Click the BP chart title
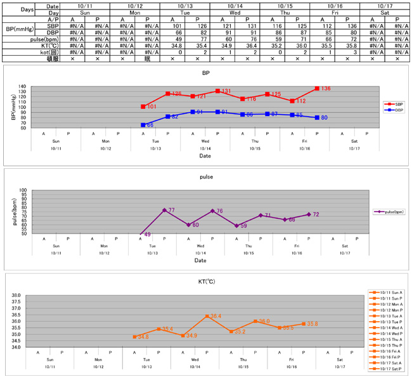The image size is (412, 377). pyautogui.click(x=205, y=73)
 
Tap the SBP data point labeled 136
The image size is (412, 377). pyautogui.click(x=317, y=88)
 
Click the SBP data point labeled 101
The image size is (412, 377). pyautogui.click(x=143, y=107)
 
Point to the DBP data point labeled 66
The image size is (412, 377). pyautogui.click(x=143, y=125)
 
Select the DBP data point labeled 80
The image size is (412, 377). pyautogui.click(x=317, y=117)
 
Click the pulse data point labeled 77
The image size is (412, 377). pyautogui.click(x=164, y=210)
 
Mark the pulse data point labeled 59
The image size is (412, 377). pyautogui.click(x=236, y=225)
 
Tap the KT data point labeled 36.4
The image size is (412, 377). pyautogui.click(x=207, y=316)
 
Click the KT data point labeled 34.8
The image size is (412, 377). pyautogui.click(x=134, y=337)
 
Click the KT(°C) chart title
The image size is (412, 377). pyautogui.click(x=205, y=281)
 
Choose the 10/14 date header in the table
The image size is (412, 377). pyautogui.click(x=221, y=5)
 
